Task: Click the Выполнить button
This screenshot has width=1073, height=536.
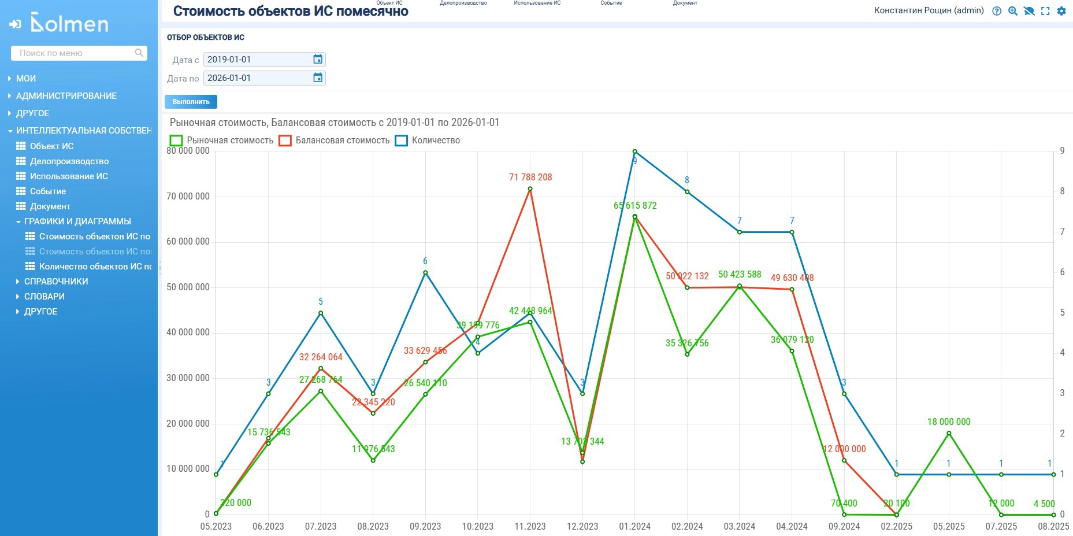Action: [191, 102]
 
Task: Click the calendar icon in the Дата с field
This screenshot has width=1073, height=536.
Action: [318, 60]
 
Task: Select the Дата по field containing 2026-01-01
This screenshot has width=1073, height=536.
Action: [257, 78]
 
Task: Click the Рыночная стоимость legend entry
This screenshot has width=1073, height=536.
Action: [222, 141]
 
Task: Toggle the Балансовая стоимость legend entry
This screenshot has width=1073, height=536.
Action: [335, 141]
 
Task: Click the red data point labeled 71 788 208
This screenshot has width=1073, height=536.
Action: [530, 188]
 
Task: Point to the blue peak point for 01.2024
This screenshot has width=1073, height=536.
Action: [635, 151]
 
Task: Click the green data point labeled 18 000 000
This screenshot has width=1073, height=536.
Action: [949, 433]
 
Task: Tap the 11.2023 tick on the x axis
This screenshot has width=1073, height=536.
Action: [530, 526]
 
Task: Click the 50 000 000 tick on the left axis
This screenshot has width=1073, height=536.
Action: [188, 287]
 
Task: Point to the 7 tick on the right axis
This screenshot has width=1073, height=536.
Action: [1062, 232]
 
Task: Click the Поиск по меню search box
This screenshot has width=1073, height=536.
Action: [75, 53]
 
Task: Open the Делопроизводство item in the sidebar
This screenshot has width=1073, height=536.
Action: [69, 161]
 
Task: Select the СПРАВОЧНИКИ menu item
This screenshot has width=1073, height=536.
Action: [56, 282]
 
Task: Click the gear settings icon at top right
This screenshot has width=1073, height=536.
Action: [1061, 11]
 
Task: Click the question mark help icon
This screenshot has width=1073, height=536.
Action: [997, 11]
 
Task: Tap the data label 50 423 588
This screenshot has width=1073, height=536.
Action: [740, 275]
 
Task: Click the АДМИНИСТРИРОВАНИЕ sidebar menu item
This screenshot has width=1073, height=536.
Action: [66, 96]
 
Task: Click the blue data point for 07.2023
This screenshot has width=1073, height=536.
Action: [321, 313]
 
